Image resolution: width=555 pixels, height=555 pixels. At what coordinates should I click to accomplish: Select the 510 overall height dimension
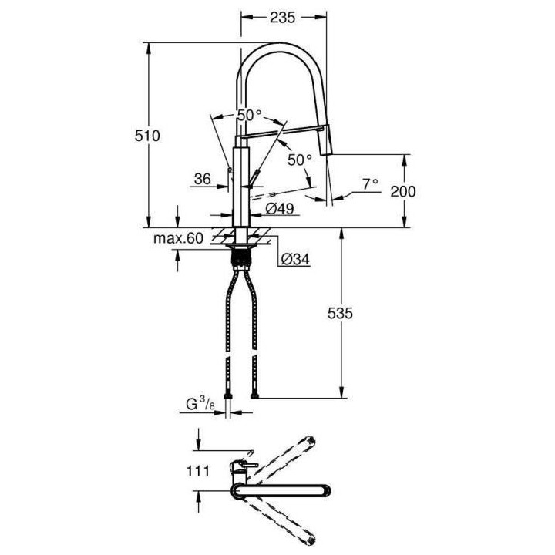click(146, 136)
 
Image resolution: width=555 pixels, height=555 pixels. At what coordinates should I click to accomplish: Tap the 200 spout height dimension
click(403, 190)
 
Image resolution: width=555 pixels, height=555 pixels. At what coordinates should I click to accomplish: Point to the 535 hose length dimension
click(340, 313)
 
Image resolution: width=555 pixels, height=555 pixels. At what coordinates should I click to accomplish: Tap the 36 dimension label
click(203, 179)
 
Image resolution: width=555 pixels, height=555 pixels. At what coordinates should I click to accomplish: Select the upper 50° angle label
click(249, 115)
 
